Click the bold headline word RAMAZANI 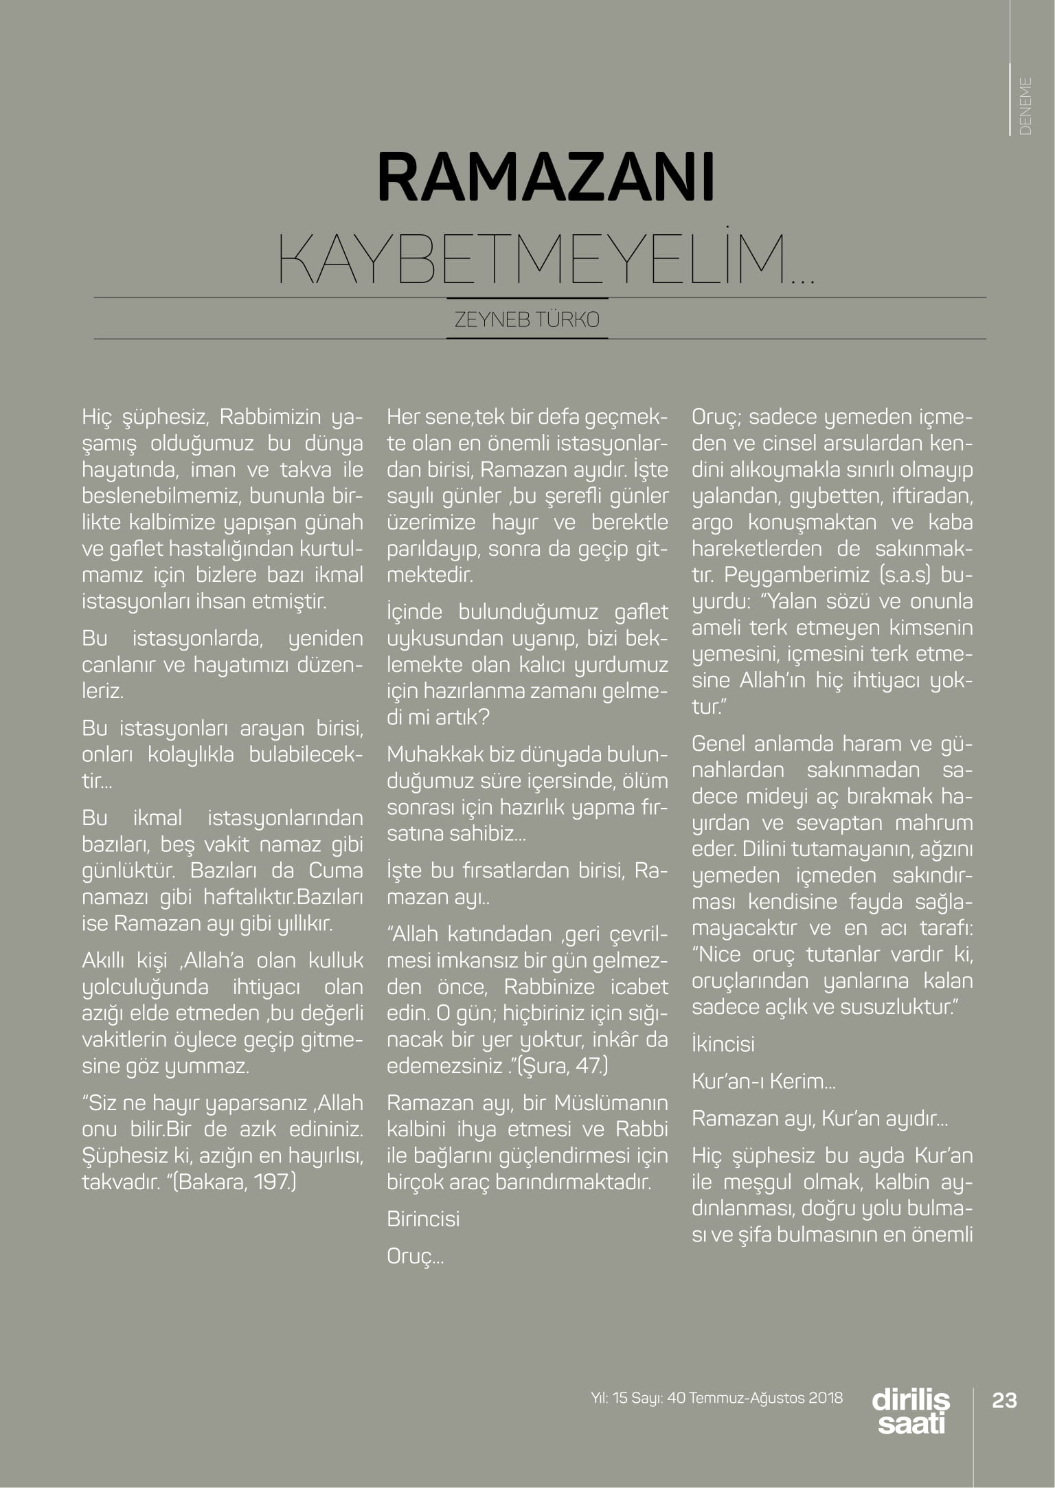tap(546, 177)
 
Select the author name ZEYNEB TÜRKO tap(527, 319)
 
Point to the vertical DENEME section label tap(1025, 106)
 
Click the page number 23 tap(1004, 1400)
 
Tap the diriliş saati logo tap(911, 1411)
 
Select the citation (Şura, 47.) tap(563, 1066)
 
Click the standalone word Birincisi tap(423, 1219)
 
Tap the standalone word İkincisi tap(723, 1044)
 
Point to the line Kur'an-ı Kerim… tap(763, 1081)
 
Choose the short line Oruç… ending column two tap(415, 1256)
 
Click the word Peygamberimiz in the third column tap(797, 575)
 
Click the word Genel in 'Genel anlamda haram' tap(719, 744)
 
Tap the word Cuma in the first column tap(336, 870)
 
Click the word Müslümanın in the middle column tap(611, 1103)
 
